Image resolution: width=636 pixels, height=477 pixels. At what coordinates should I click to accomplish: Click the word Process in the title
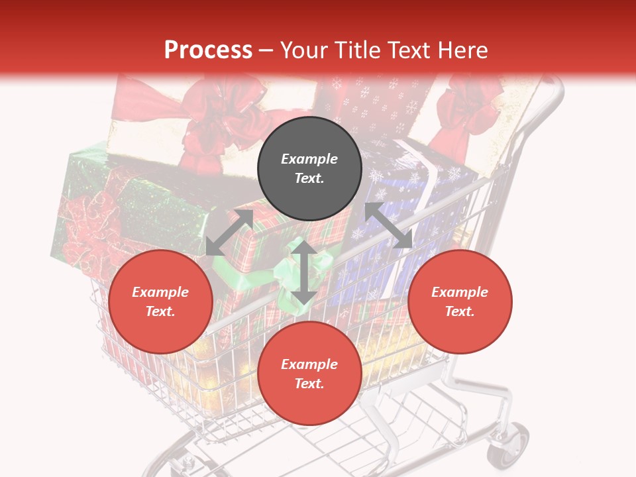(x=208, y=50)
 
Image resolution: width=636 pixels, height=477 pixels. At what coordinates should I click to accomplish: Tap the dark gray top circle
(x=309, y=169)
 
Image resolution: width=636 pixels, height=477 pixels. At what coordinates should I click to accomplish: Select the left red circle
(x=160, y=301)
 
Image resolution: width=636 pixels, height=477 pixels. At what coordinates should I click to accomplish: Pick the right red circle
(x=459, y=301)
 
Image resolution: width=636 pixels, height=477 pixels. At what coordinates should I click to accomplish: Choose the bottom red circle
(x=309, y=374)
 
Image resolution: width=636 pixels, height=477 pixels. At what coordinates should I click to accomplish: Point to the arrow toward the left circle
(x=229, y=233)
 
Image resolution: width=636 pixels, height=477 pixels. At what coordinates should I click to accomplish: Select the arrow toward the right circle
(x=388, y=225)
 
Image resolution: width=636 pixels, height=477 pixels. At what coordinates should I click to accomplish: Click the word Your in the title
(x=305, y=50)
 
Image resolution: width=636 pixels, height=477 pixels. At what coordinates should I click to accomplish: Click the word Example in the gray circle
(x=309, y=159)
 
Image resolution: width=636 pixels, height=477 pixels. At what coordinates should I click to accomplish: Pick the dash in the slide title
(x=266, y=51)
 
